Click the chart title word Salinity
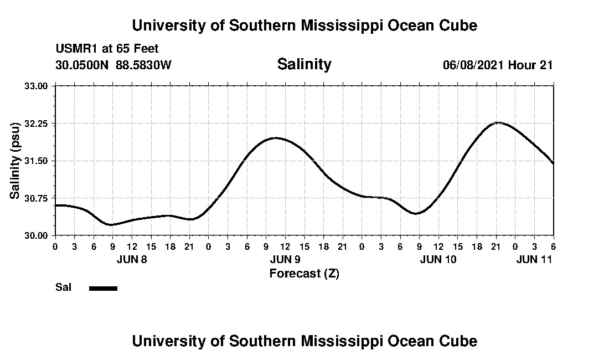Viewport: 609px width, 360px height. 304,64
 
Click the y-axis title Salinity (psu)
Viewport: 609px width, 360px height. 16,161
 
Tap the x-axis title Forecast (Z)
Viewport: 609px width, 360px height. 304,273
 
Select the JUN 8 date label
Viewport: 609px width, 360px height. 132,259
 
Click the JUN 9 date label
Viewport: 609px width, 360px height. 285,259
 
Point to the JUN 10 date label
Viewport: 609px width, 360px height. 438,259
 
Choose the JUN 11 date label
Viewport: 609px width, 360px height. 534,259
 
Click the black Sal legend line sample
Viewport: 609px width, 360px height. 103,288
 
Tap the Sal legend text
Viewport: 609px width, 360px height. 63,287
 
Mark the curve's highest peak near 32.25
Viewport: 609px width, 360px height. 498,122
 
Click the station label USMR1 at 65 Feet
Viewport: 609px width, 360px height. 107,49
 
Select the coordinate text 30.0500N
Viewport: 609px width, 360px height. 82,65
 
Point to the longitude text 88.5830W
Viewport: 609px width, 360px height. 143,65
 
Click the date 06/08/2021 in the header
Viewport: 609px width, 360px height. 473,65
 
